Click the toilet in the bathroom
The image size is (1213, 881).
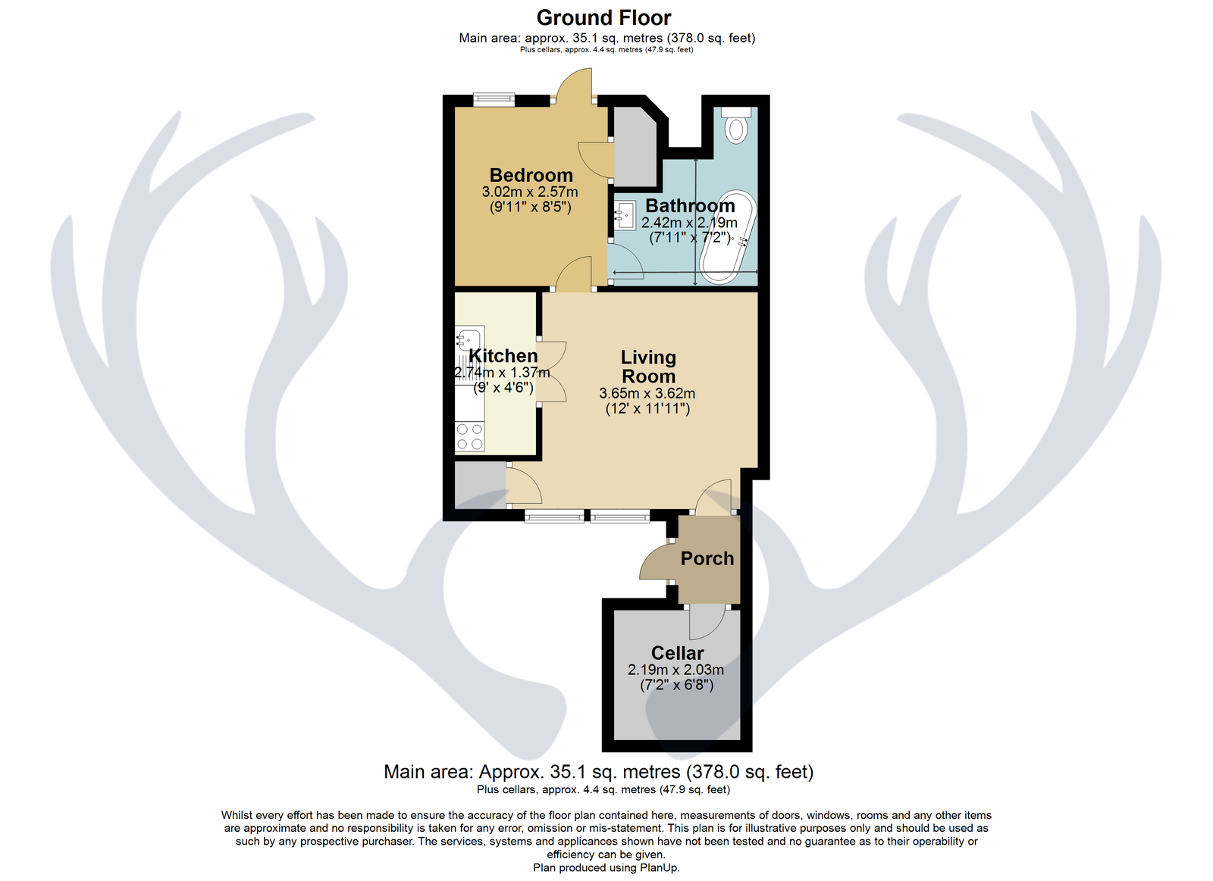tap(736, 125)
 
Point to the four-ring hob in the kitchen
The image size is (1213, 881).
tap(469, 436)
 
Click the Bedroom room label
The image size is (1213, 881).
tap(531, 175)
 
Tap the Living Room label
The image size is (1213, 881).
tap(648, 367)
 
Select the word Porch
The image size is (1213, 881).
tap(707, 558)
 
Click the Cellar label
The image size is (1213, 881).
tap(678, 653)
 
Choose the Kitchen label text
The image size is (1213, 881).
tap(503, 355)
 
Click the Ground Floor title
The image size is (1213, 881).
tap(603, 18)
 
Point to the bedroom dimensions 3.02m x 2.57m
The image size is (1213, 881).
tap(530, 192)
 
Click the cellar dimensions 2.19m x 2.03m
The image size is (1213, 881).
tap(675, 670)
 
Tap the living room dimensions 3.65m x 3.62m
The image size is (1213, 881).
tap(647, 393)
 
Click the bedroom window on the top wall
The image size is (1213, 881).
tap(494, 99)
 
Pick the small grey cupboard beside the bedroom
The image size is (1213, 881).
tap(635, 147)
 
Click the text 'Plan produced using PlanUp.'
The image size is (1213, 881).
tap(606, 867)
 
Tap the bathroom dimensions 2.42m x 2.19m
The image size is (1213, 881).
tap(689, 223)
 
